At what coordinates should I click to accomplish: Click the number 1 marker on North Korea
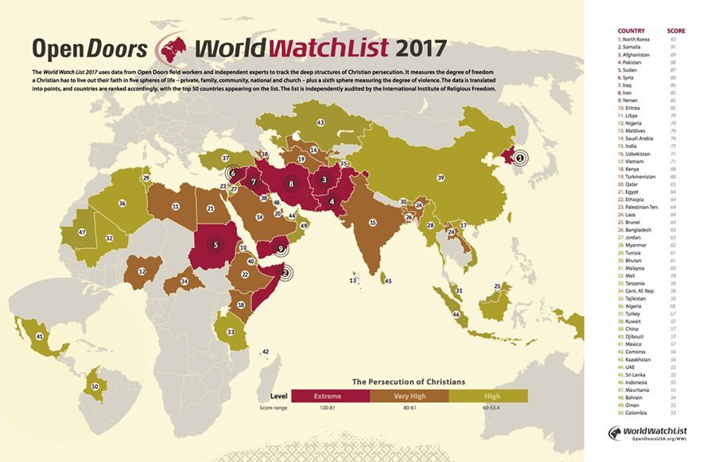point(518,157)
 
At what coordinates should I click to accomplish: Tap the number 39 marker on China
point(440,177)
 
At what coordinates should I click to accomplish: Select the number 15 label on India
point(372,223)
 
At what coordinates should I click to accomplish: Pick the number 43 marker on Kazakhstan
point(320,123)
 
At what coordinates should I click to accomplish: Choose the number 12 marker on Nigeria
point(142,271)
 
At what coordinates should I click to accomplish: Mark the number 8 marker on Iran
point(291,184)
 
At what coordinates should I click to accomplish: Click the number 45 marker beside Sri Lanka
point(388,281)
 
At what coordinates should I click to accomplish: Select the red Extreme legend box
point(330,395)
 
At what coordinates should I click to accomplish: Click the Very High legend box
point(409,395)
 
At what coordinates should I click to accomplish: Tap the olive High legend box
point(487,395)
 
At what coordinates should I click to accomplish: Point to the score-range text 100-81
point(330,408)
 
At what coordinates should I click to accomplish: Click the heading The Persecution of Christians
point(408,381)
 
